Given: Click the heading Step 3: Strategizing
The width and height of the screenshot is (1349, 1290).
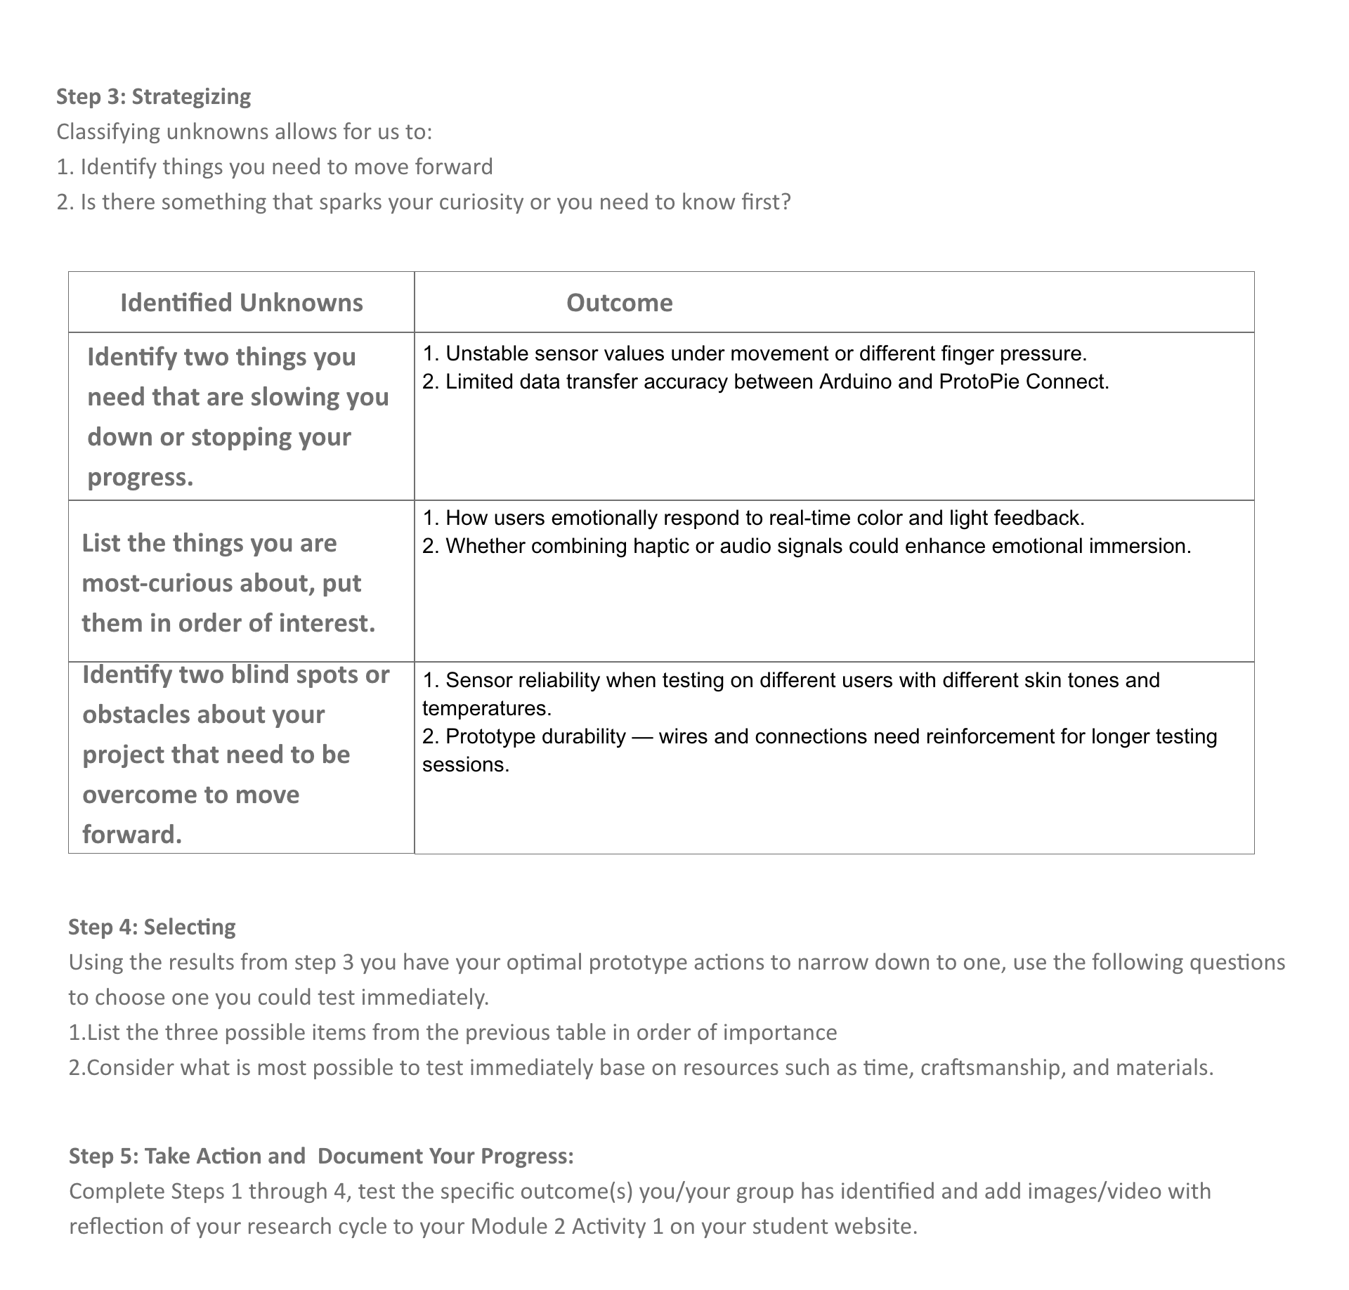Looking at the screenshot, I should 153,96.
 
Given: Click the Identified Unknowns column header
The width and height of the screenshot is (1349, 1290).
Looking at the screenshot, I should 241,303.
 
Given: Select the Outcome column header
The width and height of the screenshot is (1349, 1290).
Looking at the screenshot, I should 619,303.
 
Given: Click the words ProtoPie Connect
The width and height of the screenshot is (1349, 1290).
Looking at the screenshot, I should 1023,382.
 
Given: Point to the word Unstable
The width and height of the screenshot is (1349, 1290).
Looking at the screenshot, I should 485,353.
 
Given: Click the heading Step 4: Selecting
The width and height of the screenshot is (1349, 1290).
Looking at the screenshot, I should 152,927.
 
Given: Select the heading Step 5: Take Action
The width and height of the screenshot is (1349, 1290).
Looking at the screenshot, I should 187,1156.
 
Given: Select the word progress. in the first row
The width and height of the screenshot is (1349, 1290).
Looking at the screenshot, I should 141,477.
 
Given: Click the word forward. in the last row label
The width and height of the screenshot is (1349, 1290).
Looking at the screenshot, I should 132,834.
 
